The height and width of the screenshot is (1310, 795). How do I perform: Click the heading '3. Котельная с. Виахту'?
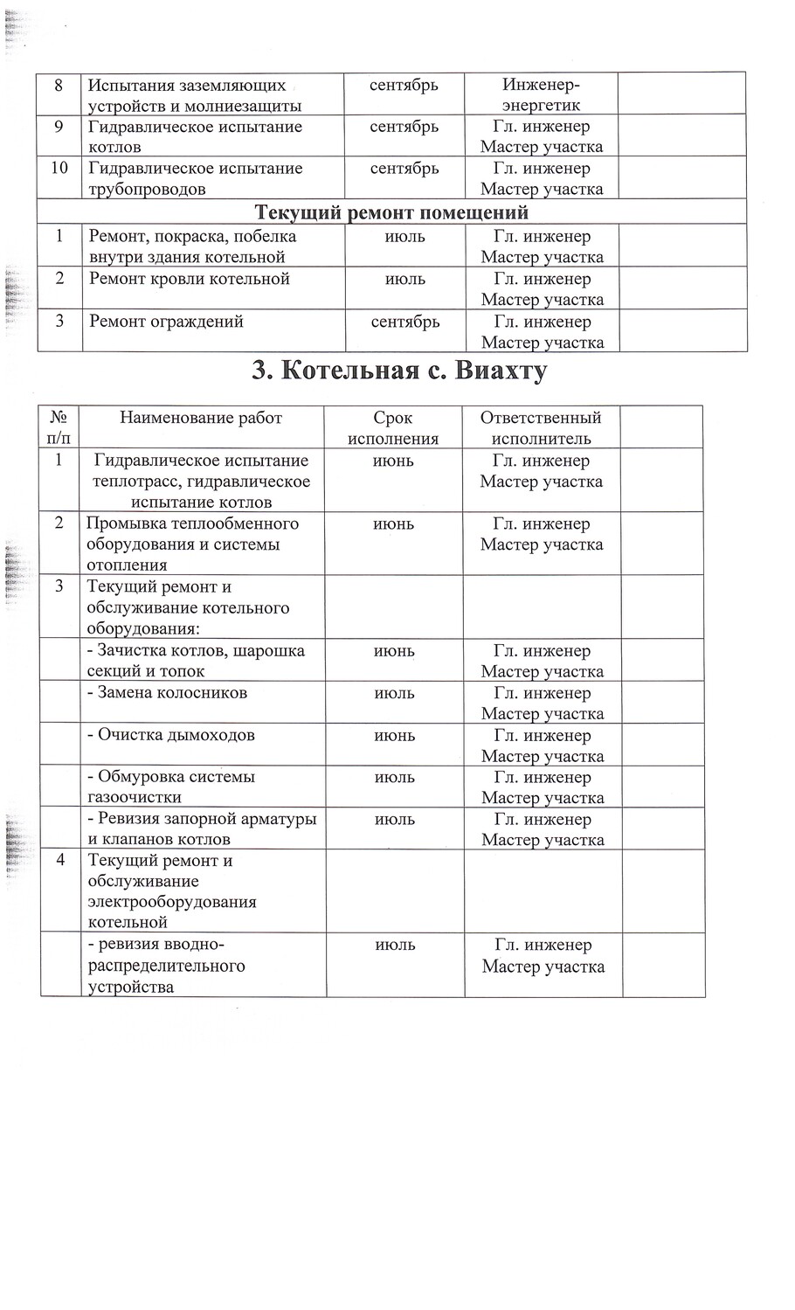pos(399,371)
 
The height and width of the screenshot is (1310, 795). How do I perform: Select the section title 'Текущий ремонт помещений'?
pos(391,212)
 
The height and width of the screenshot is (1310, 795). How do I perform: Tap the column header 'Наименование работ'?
pos(201,418)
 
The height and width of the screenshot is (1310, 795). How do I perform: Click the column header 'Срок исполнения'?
pos(393,428)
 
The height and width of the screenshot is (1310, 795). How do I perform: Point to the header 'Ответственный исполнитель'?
pos(541,428)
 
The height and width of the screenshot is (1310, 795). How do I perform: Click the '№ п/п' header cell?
pos(59,428)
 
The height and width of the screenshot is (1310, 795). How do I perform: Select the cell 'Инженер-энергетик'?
pos(541,95)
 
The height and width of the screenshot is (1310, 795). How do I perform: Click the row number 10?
pos(59,169)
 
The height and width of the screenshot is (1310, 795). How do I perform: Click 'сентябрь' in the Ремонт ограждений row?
pos(404,322)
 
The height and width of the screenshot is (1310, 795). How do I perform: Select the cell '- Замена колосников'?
pos(168,693)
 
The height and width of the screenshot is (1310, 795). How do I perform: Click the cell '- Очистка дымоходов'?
pos(171,735)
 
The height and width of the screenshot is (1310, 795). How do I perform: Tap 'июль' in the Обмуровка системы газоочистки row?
pos(394,777)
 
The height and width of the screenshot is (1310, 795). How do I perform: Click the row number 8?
pos(59,86)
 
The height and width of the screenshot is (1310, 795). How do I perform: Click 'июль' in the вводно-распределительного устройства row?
pos(395,945)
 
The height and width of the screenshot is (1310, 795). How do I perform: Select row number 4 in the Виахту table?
pos(60,860)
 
